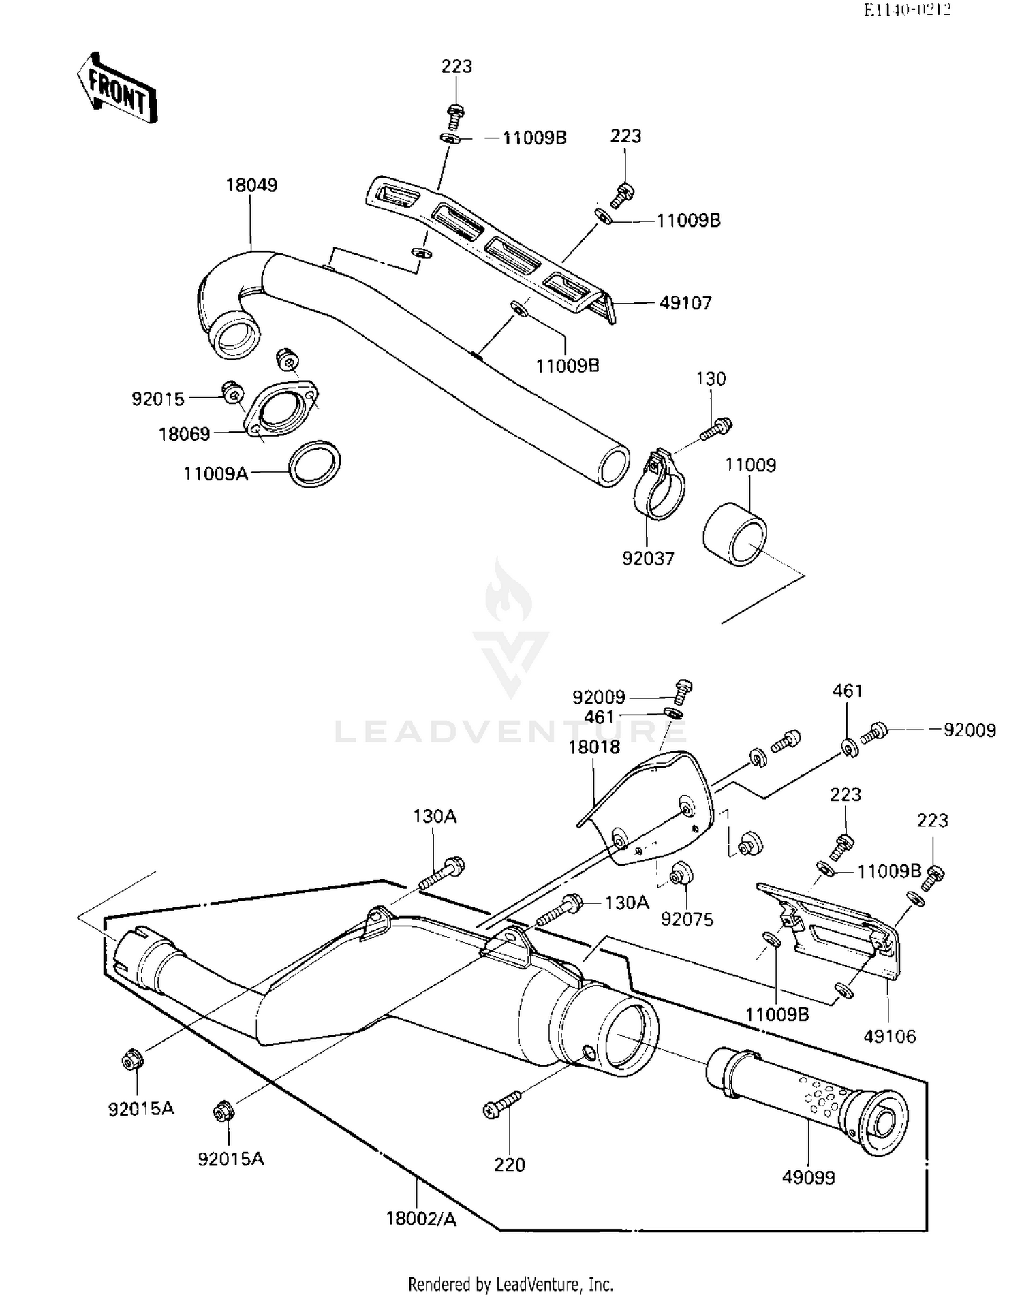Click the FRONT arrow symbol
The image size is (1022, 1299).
pos(116,87)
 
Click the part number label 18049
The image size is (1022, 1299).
pos(251,185)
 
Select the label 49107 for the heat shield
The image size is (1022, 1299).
pos(685,302)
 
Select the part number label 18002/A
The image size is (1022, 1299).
pos(421,1219)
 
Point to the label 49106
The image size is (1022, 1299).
pos(890,1036)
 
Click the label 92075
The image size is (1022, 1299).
pos(687,920)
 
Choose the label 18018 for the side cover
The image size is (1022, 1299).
pos(594,747)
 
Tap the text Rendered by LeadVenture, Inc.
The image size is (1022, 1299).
pos(510,1284)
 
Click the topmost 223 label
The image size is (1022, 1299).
pos(456,66)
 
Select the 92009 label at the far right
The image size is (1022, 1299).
pos(969,730)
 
